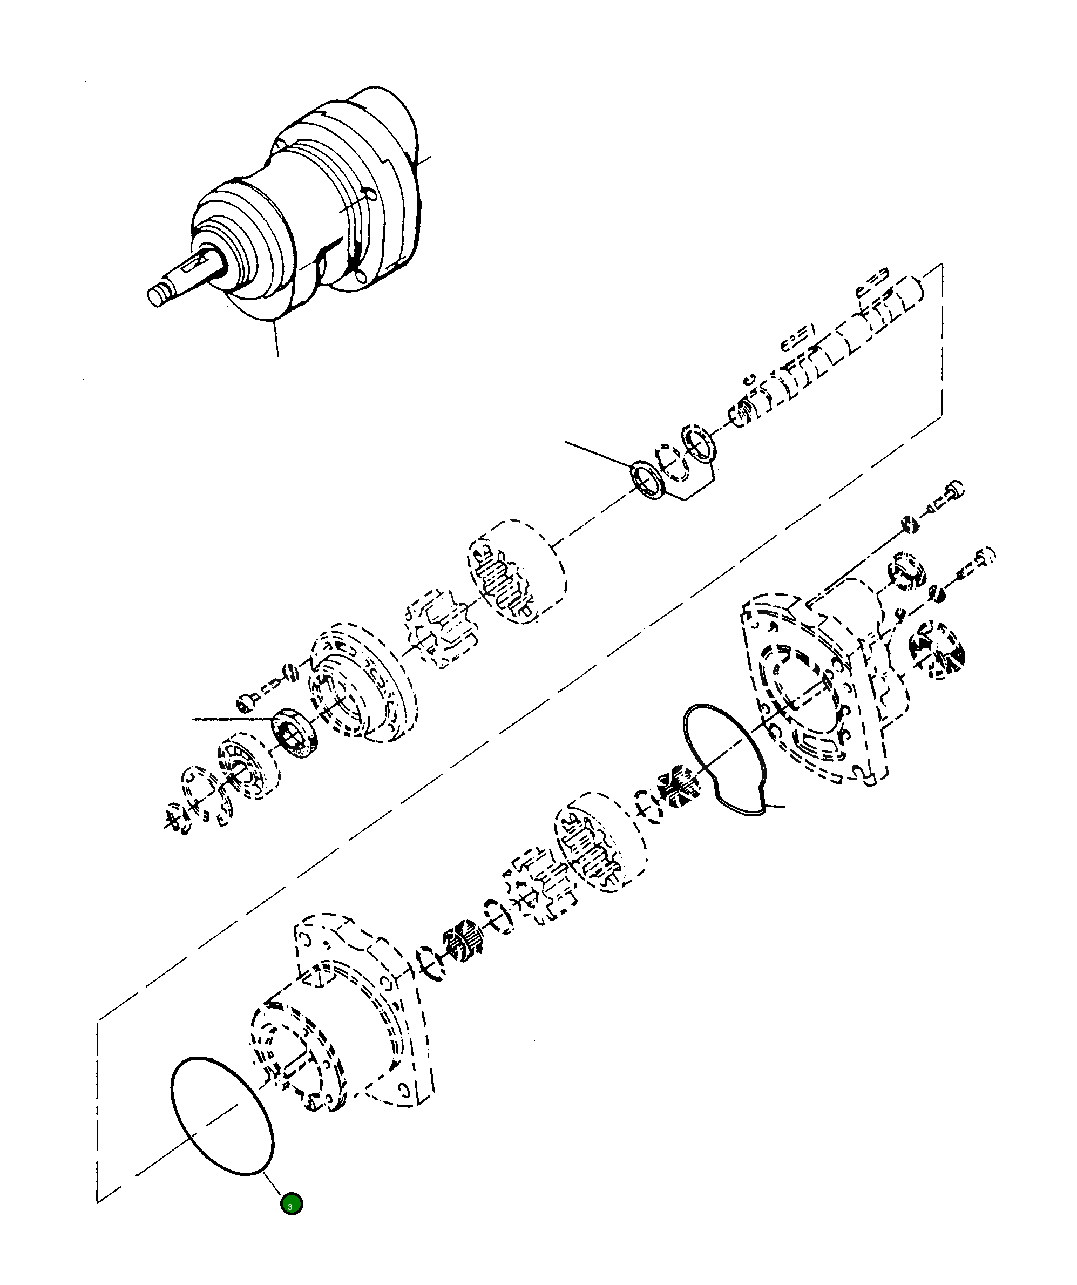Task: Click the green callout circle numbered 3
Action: (x=292, y=1204)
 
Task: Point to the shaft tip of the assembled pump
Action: (x=157, y=297)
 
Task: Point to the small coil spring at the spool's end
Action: (x=742, y=412)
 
